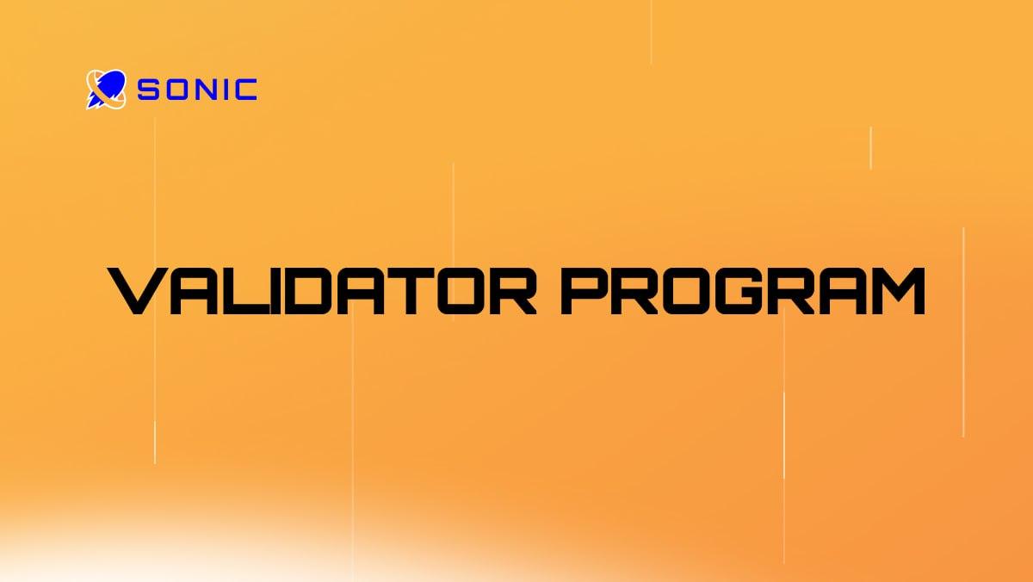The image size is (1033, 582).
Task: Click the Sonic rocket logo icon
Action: click(106, 89)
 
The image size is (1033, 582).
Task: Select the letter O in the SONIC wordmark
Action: click(175, 90)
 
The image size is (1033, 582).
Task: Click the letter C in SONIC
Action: click(244, 90)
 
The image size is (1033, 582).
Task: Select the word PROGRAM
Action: click(743, 292)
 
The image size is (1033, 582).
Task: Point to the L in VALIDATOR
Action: click(238, 292)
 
